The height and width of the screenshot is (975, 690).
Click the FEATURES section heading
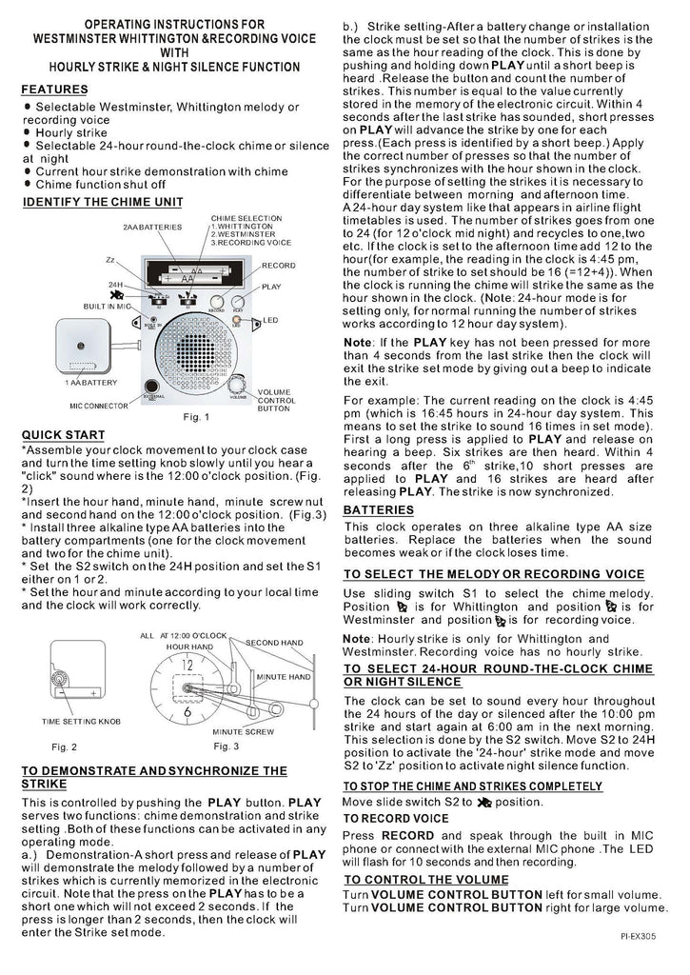(x=55, y=90)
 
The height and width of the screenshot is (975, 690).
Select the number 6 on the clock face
(x=187, y=712)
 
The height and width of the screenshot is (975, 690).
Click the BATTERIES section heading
(x=378, y=510)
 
